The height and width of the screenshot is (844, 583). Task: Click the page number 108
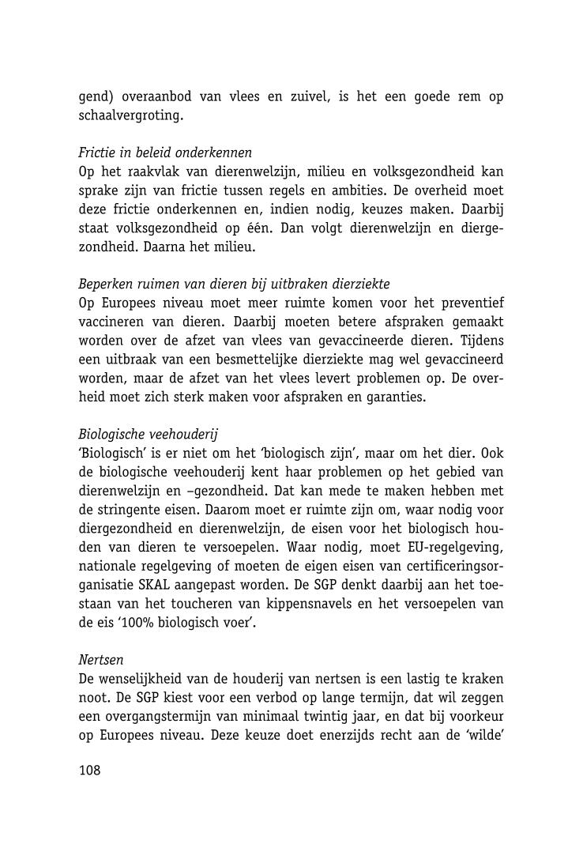[x=90, y=771]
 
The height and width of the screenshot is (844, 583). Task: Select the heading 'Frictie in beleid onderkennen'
[x=165, y=153]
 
